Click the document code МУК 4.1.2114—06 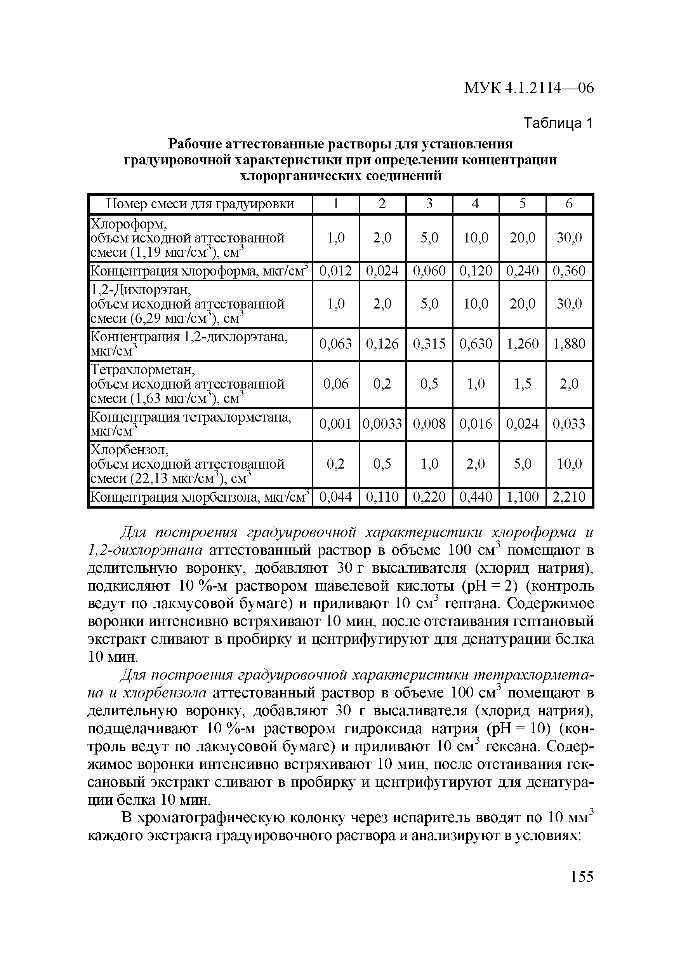tap(529, 88)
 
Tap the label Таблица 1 tap(558, 123)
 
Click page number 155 tap(582, 877)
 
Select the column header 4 tap(475, 204)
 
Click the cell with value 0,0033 tap(382, 424)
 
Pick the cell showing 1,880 tap(569, 344)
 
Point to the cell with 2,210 tap(569, 497)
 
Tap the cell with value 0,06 tap(336, 384)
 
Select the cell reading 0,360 tap(569, 271)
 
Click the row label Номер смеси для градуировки tap(200, 204)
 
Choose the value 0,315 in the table tap(429, 344)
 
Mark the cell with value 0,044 tap(336, 497)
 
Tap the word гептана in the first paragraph tap(473, 604)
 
